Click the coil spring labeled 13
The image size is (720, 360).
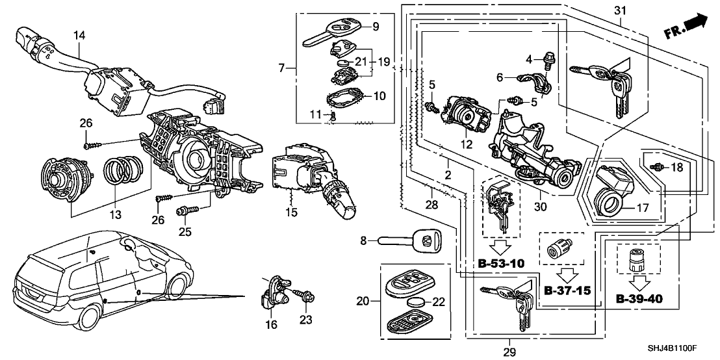tap(120, 174)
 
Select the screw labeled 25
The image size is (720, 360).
tap(184, 212)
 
